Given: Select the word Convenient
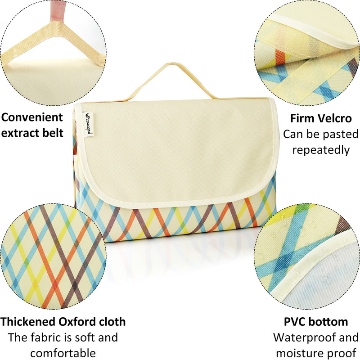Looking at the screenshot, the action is click(32, 117).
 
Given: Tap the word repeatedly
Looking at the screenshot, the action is click(321, 150).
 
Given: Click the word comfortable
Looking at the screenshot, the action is click(63, 353).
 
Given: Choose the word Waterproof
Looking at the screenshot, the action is click(303, 338).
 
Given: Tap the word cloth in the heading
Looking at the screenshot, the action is click(112, 322).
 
